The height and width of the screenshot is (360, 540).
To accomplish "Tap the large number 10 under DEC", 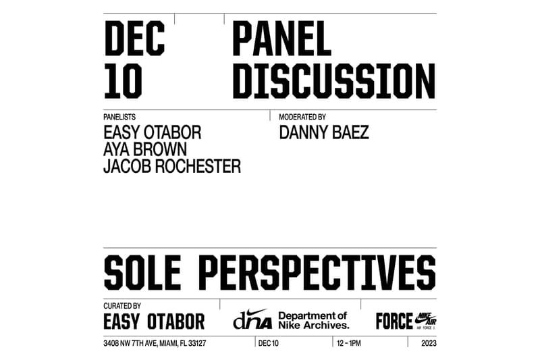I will pos(123,82).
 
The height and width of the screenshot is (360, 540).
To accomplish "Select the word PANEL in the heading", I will pos(281,39).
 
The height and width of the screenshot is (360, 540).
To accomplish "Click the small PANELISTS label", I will pos(119,117).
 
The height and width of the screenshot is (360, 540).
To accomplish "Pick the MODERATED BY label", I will pos(302,117).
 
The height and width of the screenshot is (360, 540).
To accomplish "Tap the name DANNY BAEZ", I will pos(324,132).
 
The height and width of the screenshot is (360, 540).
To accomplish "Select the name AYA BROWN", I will pos(144,149).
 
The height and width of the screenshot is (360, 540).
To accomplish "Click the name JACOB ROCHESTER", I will pos(171,166).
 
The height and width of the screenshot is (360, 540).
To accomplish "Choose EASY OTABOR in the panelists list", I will pos(152,132).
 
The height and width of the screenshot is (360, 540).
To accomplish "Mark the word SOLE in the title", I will pos(143,272).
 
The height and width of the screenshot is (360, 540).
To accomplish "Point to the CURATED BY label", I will pos(122,306).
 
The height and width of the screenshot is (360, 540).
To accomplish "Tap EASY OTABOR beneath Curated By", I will pos(154,321).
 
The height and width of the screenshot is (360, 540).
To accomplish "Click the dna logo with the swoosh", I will pos(252,319).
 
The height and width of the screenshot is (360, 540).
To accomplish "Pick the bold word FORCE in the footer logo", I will pos(394,321).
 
